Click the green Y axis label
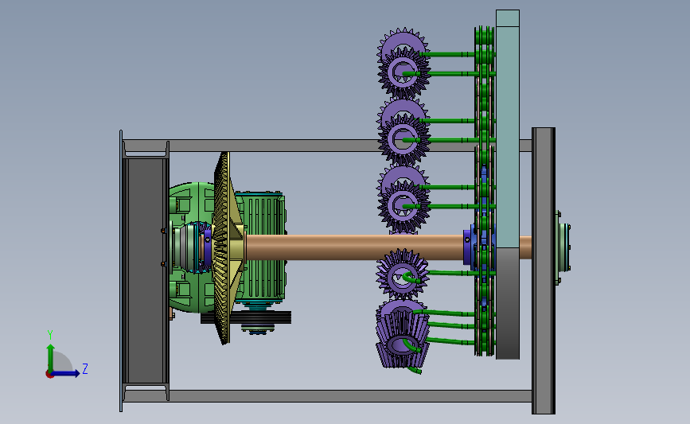click(x=50, y=335)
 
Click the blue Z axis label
click(x=85, y=368)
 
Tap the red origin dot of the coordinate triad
click(x=49, y=375)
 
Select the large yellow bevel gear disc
click(x=225, y=247)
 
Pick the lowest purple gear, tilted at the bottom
click(x=401, y=334)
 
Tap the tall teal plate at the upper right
click(x=508, y=128)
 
